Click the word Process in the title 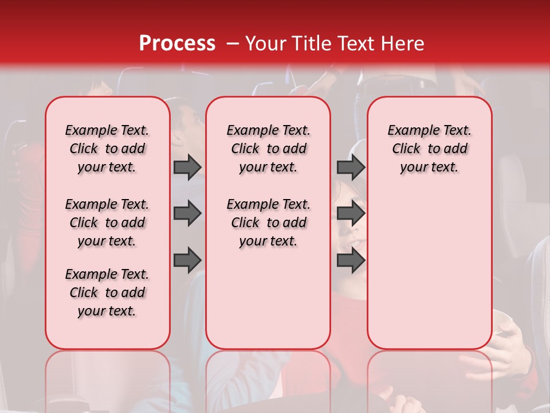tap(177, 44)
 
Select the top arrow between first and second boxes tap(187, 167)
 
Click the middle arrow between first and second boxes tap(187, 213)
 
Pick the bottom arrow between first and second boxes tap(187, 260)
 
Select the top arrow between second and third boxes tap(351, 167)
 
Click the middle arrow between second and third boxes tap(351, 213)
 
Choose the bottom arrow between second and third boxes tap(351, 260)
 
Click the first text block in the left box tap(107, 149)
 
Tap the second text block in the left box tap(107, 223)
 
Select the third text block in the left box tap(107, 293)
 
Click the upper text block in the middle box tap(268, 149)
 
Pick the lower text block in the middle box tap(268, 223)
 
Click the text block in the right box tap(429, 149)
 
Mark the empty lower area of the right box tap(429, 270)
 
